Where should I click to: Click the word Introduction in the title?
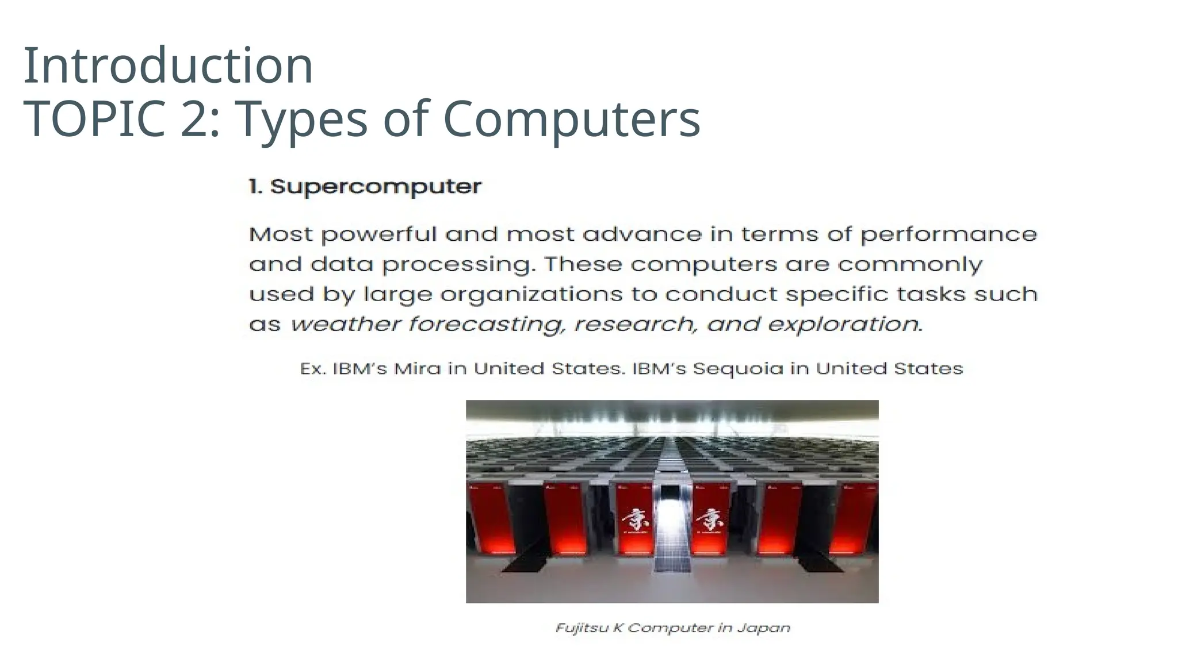(168, 66)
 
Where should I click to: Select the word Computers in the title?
(571, 119)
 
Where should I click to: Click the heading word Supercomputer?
(376, 187)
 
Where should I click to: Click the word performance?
(948, 235)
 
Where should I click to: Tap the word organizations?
(531, 295)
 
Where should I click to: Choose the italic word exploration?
(843, 325)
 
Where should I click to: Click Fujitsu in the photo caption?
(582, 628)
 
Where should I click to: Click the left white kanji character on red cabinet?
(633, 520)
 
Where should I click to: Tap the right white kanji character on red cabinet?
(709, 520)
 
